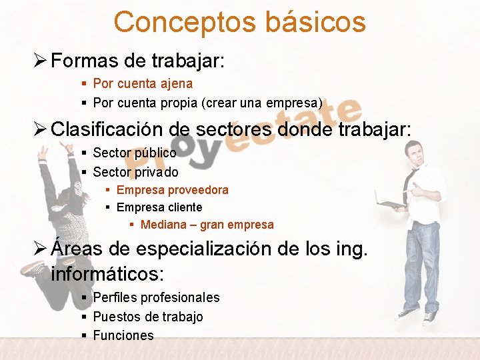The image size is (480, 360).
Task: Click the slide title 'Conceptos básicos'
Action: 239,21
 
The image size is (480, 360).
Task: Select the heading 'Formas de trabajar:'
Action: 138,61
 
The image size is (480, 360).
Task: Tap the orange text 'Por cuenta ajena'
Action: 143,84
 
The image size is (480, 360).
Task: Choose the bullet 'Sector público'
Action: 135,153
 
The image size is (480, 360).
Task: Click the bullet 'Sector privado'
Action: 135,172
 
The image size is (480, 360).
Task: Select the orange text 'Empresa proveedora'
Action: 172,190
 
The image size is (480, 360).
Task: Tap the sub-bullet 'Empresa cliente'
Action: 159,207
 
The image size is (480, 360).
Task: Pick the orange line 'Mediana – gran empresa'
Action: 207,225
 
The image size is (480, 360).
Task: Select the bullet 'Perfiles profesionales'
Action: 156,297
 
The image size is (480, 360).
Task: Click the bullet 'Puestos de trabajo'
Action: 147,317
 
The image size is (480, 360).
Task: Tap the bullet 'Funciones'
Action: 123,335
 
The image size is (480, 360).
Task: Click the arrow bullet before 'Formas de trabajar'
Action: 40,61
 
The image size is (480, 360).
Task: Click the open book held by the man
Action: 391,197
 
